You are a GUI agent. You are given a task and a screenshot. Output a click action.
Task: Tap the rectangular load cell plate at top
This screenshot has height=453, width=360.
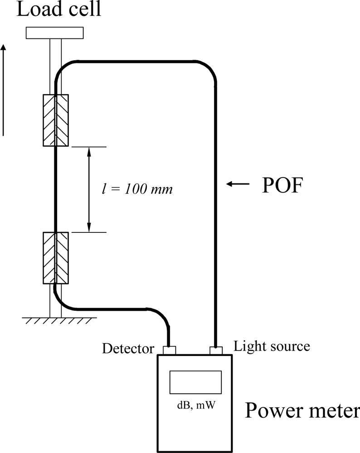point(54,33)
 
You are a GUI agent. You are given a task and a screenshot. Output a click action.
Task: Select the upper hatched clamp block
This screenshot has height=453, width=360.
point(55,120)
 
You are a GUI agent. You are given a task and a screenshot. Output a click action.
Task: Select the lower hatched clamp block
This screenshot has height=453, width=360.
point(55,258)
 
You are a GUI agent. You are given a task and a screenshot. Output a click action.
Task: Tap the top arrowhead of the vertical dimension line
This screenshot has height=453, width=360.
point(89,152)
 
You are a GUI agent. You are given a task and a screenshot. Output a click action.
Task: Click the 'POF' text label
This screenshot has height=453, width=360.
point(282,186)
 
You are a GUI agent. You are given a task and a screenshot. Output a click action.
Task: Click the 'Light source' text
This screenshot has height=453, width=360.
point(272,347)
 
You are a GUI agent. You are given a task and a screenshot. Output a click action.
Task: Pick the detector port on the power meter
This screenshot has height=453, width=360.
point(169,350)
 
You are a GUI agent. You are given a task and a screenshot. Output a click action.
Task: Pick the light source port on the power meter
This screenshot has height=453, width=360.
point(215,350)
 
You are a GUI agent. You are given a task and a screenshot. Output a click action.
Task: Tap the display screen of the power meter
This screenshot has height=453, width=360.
point(195,382)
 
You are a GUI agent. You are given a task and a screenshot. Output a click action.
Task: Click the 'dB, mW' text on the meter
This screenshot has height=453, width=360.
point(195,405)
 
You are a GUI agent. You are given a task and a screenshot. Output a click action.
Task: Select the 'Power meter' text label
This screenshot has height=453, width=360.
point(302,411)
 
